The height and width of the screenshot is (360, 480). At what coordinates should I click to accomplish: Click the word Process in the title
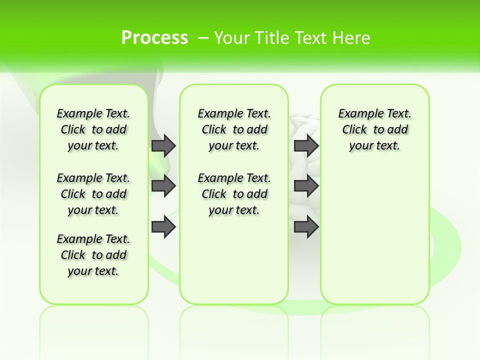point(154,37)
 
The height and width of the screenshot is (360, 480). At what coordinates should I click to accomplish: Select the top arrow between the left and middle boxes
point(163,145)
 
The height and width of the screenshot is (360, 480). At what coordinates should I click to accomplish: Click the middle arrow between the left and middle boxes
point(163,186)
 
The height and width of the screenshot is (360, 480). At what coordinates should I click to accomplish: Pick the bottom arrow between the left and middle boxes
point(163,227)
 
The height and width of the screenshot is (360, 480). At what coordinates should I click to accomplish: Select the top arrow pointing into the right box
point(306,145)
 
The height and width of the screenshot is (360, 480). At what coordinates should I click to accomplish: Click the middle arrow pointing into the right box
point(306,186)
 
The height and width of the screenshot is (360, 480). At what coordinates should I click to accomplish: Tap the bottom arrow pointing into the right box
point(306,227)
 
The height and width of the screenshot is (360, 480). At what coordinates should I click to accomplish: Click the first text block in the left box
point(93,129)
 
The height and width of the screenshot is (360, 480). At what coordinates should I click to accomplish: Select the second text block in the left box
point(93,194)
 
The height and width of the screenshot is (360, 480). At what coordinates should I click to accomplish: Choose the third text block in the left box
point(93,255)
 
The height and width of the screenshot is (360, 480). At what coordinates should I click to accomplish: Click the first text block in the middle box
point(234,129)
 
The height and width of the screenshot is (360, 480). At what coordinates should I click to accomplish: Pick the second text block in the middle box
point(234,194)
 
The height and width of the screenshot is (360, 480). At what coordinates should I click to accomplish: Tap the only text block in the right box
point(375,129)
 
